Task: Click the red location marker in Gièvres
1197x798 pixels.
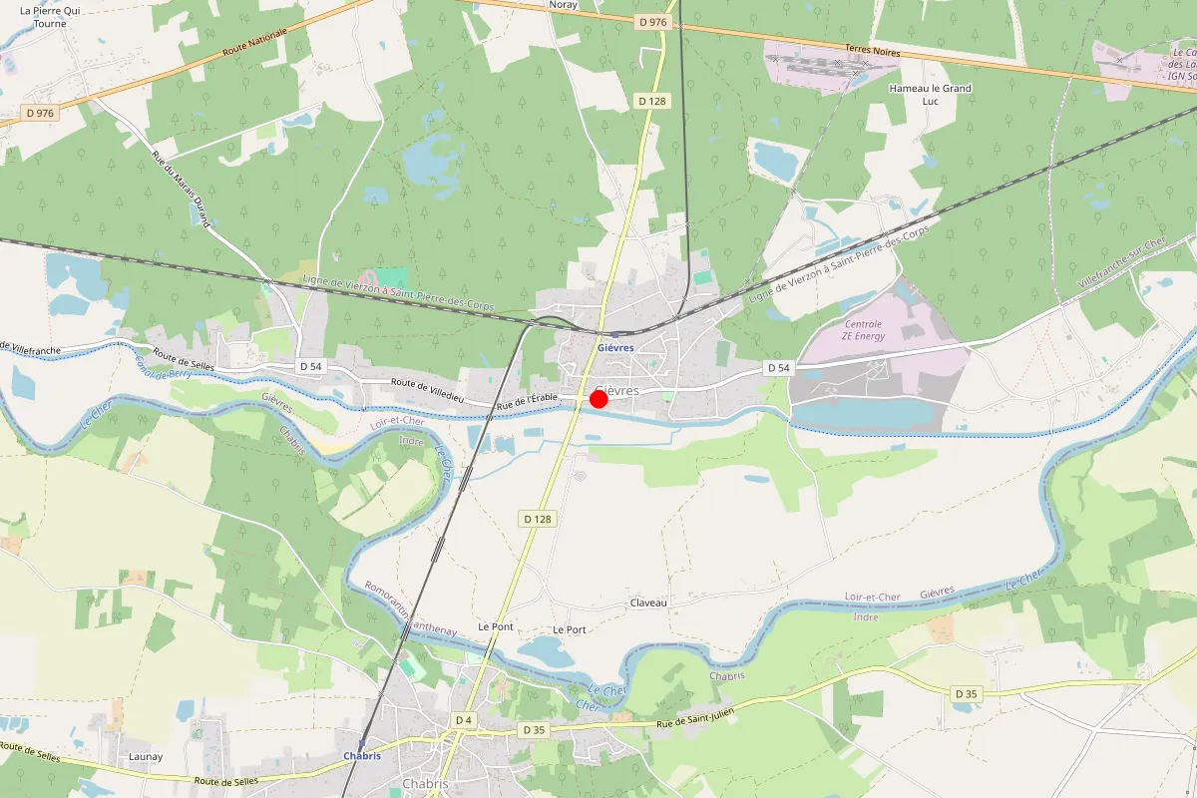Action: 598,399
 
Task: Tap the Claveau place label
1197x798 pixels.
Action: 647,603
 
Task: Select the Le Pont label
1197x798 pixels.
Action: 496,627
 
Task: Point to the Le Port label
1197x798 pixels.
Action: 570,630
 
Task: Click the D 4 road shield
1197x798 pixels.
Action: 463,720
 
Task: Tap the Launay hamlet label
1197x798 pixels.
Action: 146,757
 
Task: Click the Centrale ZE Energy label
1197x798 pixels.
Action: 863,330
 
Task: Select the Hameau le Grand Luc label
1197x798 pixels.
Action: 930,95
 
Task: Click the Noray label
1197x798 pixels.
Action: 564,5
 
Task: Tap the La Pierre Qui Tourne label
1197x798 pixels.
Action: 43,16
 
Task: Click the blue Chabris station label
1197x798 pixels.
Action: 362,756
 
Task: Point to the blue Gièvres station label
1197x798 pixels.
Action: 615,348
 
